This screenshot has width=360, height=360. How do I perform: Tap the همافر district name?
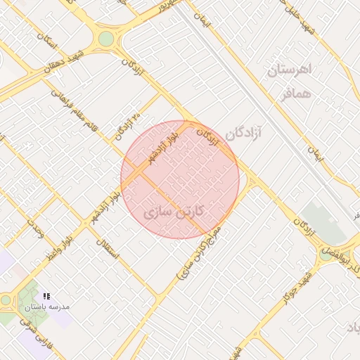point(293,94)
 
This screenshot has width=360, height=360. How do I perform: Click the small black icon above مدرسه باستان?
point(47,296)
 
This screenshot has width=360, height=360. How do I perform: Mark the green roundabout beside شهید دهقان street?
point(105,38)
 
